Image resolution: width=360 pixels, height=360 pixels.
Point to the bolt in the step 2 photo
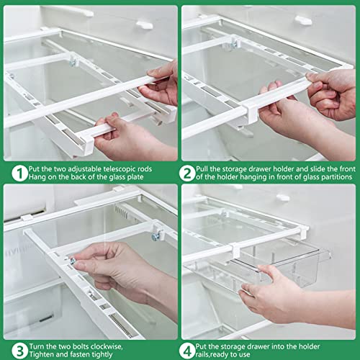click(x=235, y=45)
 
